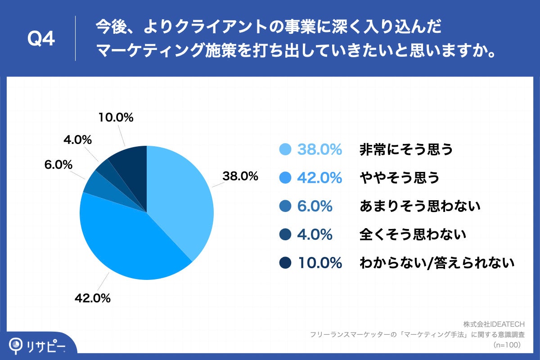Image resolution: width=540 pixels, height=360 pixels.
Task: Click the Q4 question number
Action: click(41, 40)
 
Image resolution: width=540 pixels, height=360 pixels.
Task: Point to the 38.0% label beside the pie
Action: click(240, 176)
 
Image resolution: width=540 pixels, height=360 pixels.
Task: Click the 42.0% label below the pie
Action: click(92, 298)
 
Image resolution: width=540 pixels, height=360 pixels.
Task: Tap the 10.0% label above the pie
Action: click(116, 117)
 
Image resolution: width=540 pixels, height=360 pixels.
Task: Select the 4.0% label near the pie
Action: click(78, 140)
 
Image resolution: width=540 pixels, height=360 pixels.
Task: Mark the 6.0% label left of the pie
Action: click(58, 165)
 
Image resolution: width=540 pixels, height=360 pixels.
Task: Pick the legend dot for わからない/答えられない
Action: click(285, 263)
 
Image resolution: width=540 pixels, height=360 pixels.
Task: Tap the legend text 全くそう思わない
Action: click(412, 234)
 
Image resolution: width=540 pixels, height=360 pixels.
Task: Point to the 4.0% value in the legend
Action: click(315, 234)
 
